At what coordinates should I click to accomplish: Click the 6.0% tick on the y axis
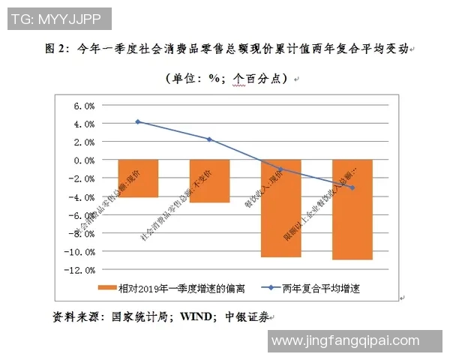click(x=84, y=106)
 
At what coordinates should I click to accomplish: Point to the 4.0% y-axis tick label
click(x=84, y=124)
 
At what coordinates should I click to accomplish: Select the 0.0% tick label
click(x=84, y=160)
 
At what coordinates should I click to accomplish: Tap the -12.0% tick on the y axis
click(x=82, y=270)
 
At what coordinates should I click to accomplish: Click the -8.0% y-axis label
click(x=82, y=233)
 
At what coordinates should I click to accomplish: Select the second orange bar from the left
click(x=209, y=181)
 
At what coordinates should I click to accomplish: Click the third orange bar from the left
click(x=280, y=208)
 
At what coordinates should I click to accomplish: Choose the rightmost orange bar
click(x=352, y=209)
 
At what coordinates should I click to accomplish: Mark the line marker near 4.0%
click(x=137, y=121)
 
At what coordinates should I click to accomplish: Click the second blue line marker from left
click(x=209, y=139)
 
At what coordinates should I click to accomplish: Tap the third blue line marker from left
click(x=280, y=169)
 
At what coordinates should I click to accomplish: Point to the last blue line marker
click(x=352, y=187)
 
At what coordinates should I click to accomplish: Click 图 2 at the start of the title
click(x=55, y=49)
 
